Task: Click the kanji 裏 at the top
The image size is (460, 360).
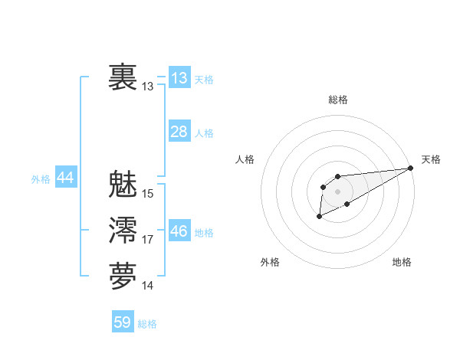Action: click(123, 77)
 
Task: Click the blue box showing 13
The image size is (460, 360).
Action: click(179, 78)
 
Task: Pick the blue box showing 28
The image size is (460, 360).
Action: click(179, 132)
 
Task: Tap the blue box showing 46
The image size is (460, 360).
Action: click(179, 231)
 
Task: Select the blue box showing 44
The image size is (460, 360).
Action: click(65, 178)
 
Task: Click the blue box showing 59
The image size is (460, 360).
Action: click(123, 322)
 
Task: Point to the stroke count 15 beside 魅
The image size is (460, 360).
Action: click(148, 194)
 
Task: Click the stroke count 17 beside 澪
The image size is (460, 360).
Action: click(148, 240)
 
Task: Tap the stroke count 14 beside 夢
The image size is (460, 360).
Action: click(148, 286)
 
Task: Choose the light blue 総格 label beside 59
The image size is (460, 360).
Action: click(147, 324)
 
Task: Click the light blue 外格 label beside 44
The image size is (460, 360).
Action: click(41, 179)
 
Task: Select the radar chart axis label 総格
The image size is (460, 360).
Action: click(338, 100)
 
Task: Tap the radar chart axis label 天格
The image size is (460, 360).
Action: click(431, 159)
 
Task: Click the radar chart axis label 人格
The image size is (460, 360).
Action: click(245, 159)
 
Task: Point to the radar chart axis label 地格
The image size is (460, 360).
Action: click(402, 262)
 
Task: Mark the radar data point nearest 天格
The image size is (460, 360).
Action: click(411, 168)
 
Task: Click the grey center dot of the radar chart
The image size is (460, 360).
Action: click(337, 191)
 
